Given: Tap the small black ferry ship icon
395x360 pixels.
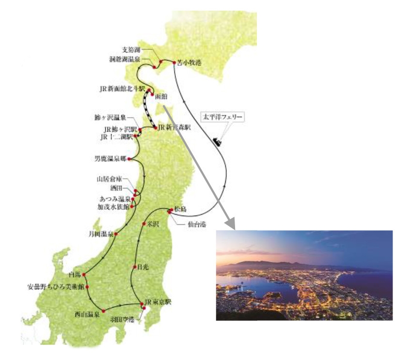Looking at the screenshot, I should (x=217, y=142).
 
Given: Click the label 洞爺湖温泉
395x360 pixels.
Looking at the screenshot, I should (x=125, y=60).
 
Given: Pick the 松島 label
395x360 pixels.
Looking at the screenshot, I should (x=180, y=209).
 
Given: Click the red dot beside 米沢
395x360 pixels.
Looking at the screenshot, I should (x=144, y=223).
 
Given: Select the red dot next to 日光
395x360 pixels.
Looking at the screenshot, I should (x=134, y=267).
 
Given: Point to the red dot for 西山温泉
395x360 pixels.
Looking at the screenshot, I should (x=103, y=310).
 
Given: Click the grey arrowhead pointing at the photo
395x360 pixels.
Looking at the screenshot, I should (x=231, y=225).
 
